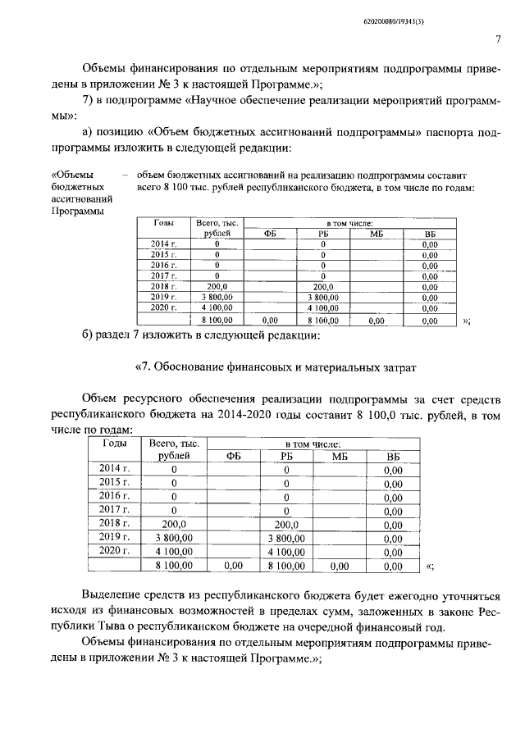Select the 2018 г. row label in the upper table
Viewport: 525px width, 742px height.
point(164,286)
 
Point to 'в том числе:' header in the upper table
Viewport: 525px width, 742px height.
point(350,222)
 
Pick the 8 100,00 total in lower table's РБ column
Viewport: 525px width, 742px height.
point(286,565)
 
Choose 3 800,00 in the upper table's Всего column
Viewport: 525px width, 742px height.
point(217,297)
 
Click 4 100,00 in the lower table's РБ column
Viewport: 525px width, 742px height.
point(286,551)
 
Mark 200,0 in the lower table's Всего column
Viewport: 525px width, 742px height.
point(174,523)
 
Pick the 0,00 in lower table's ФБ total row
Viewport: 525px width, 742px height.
point(234,565)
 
